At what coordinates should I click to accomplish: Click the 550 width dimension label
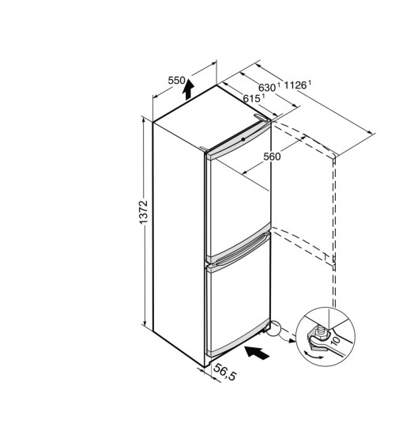(x=176, y=81)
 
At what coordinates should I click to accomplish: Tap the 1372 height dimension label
(x=144, y=212)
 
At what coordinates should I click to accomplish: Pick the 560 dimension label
(x=272, y=157)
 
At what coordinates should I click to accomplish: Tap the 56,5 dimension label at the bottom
(x=225, y=372)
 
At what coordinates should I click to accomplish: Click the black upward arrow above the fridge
(x=189, y=89)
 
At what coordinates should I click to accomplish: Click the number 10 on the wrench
(x=335, y=339)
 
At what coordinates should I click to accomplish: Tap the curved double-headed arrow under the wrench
(x=313, y=355)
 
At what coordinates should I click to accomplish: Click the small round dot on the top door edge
(x=243, y=139)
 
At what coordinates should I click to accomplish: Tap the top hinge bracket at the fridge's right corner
(x=262, y=117)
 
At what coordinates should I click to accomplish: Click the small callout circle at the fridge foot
(x=274, y=329)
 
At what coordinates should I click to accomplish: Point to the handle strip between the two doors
(x=239, y=250)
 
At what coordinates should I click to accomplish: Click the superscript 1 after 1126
(x=310, y=82)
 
